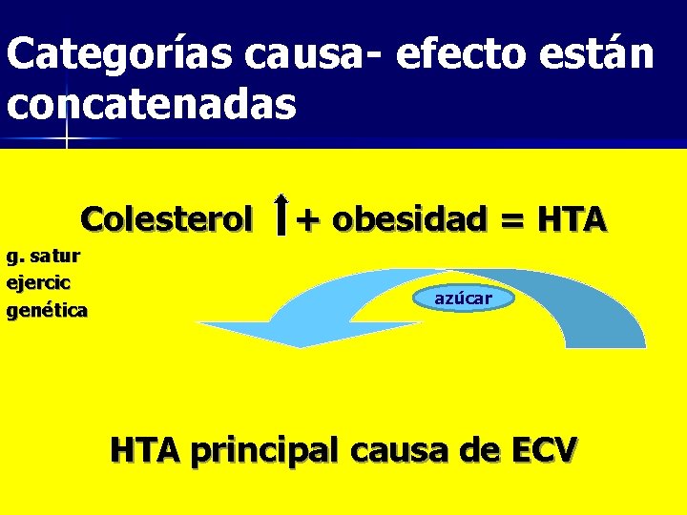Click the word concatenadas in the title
[152, 104]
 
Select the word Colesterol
[167, 219]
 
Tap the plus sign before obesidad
[306, 220]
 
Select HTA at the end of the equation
[572, 219]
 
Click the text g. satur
[43, 256]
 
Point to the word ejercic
[40, 282]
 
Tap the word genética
[47, 310]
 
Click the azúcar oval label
[464, 299]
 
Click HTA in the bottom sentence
[146, 448]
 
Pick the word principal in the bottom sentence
[268, 449]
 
